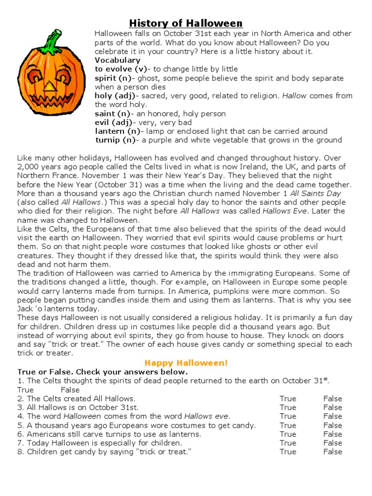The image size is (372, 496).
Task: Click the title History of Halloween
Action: pos(186,23)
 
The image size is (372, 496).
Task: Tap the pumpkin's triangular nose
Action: pos(50,86)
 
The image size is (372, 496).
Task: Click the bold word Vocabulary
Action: pos(117,60)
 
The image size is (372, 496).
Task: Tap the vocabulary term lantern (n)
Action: pos(118,131)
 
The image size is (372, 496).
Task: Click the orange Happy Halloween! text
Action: pos(186,363)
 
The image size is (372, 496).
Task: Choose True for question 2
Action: pos(288,399)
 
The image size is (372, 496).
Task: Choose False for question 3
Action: pos(333,407)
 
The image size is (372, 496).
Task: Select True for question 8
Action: pos(288,451)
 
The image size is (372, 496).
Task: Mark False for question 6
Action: pos(333,434)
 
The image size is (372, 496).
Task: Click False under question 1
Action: pos(70,390)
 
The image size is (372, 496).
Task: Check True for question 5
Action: pos(288,425)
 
